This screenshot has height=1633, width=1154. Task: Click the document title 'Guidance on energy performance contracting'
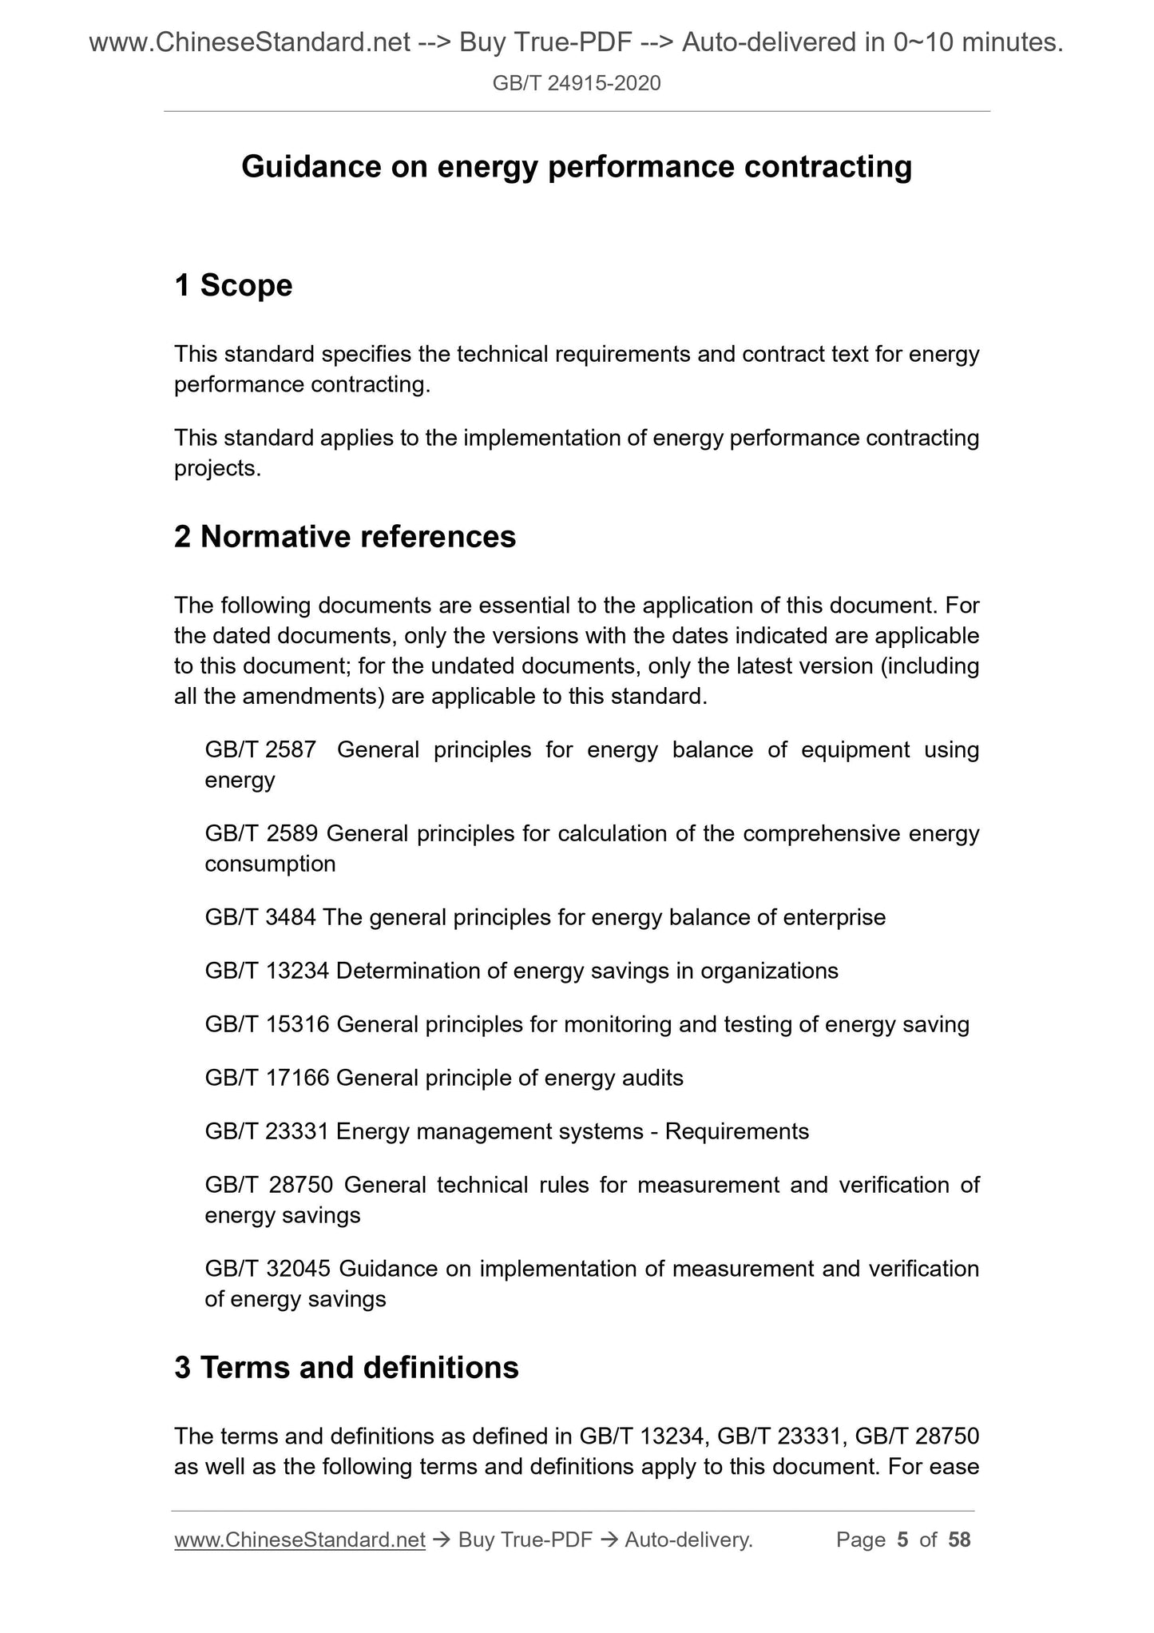[x=576, y=167]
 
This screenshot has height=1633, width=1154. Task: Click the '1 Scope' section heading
[x=233, y=285]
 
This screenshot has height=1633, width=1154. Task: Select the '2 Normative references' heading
[x=344, y=536]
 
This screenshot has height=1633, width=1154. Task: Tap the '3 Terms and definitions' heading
[x=346, y=1367]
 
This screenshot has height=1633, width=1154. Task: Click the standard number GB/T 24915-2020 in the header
[x=576, y=83]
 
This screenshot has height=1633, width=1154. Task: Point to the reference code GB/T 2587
[x=260, y=749]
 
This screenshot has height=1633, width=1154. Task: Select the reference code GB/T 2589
[x=261, y=833]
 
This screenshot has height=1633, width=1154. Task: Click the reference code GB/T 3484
[x=260, y=916]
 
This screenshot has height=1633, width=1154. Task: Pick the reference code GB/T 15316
[x=267, y=1024]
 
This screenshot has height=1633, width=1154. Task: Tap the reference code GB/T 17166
[x=267, y=1078]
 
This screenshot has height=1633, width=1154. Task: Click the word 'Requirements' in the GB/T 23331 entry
[x=736, y=1131]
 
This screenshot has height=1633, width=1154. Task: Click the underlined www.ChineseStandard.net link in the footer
[x=299, y=1540]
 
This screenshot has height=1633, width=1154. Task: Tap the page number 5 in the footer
[x=902, y=1540]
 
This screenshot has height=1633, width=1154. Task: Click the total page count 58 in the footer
[x=958, y=1540]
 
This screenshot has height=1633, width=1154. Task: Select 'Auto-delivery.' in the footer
[x=688, y=1540]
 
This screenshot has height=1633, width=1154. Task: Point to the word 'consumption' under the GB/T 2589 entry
[x=270, y=864]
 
